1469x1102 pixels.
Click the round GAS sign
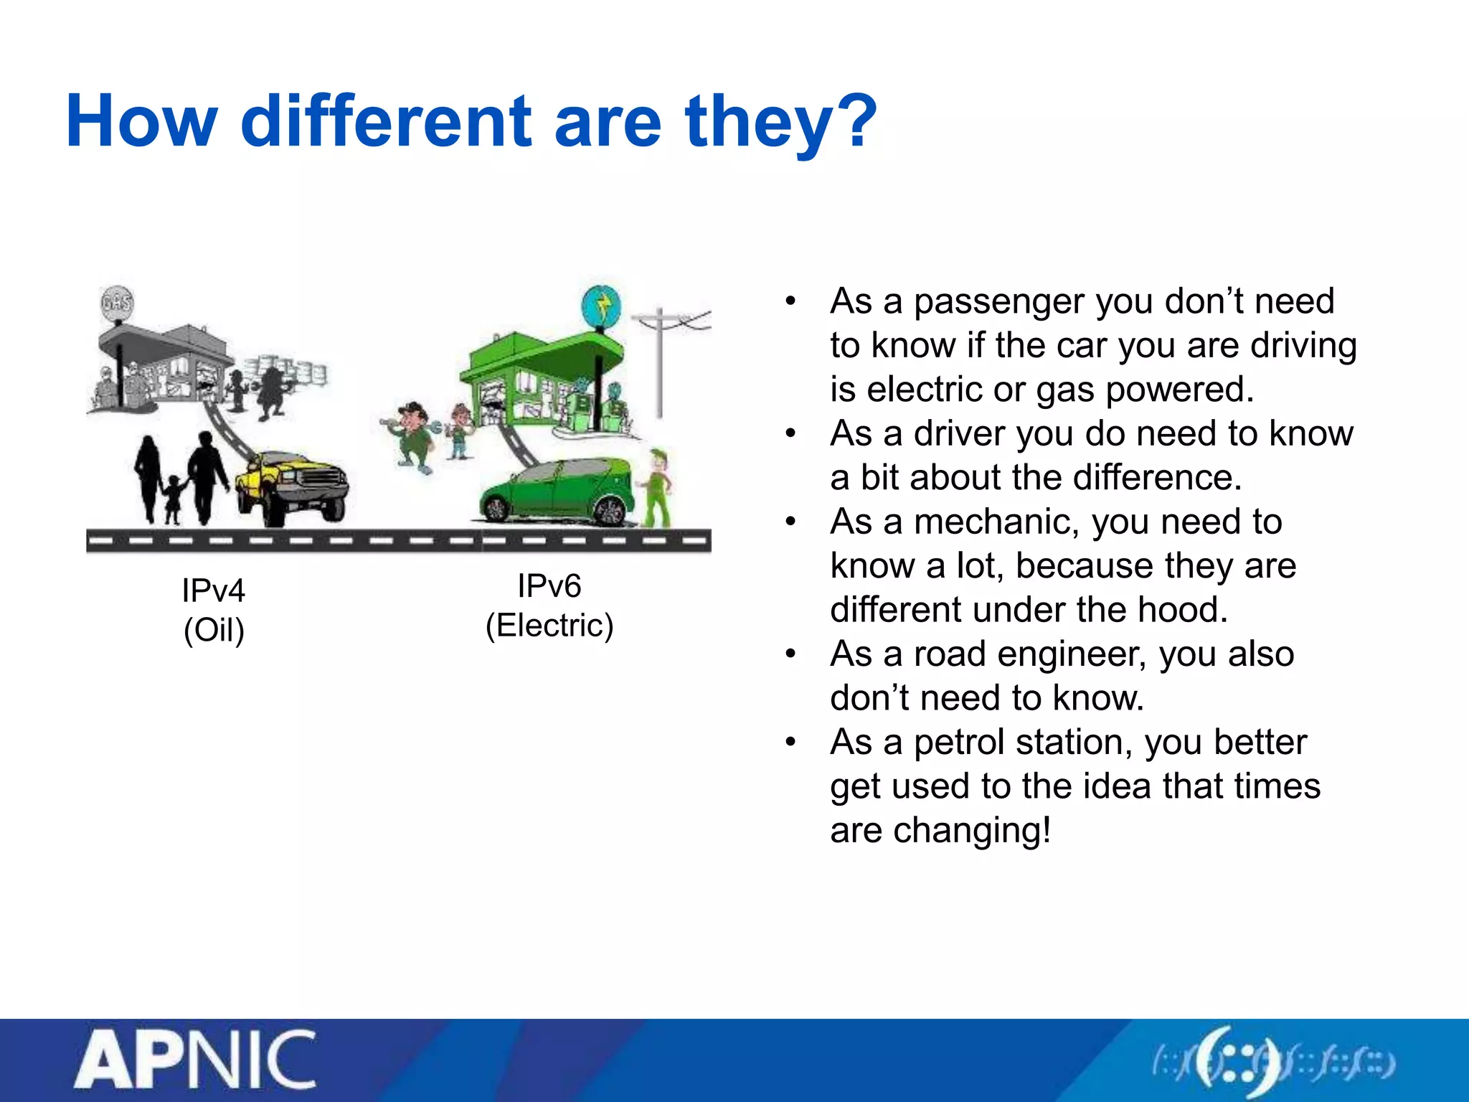coord(116,303)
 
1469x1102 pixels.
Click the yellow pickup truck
coord(293,484)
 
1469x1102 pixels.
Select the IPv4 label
coord(214,590)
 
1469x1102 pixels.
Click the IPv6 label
coord(549,586)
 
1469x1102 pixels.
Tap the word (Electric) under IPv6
coord(549,626)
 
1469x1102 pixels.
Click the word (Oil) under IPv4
coord(214,630)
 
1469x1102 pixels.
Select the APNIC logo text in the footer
coord(195,1060)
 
